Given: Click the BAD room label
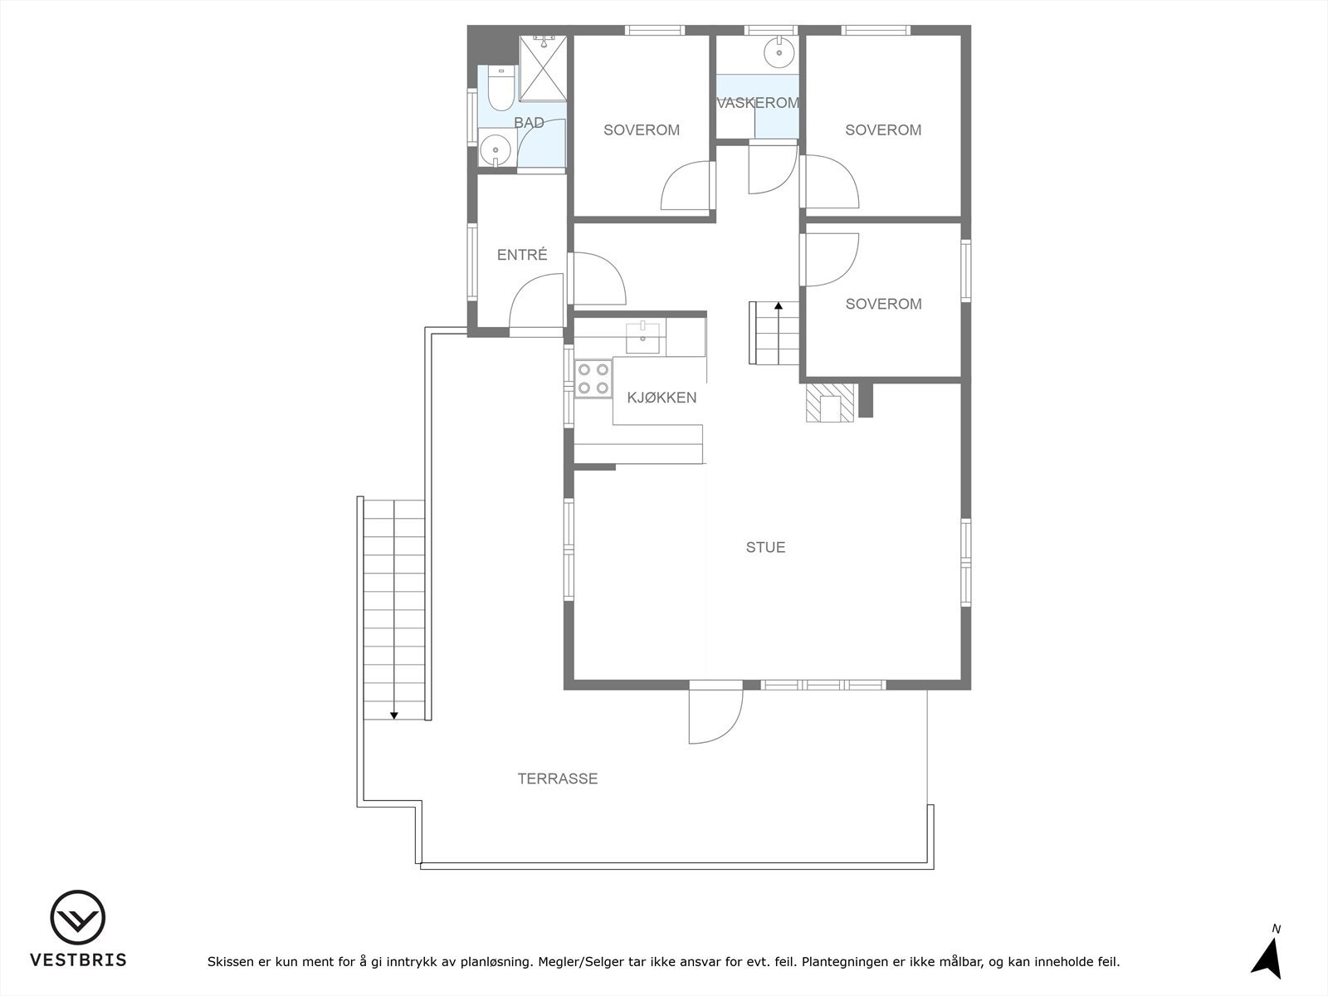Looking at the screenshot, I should click(529, 123).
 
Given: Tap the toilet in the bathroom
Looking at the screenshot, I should click(500, 90).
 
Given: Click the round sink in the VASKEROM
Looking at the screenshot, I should click(779, 52).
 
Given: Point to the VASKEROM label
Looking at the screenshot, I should click(757, 103).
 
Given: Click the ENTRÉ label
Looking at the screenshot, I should click(522, 255).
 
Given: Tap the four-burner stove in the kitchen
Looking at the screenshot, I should click(593, 378).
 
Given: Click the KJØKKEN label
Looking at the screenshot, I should click(662, 398).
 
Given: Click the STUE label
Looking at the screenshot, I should click(765, 547).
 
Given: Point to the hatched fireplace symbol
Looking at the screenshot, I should click(829, 403).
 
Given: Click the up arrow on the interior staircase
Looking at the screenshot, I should click(779, 306).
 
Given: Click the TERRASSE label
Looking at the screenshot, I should click(558, 779).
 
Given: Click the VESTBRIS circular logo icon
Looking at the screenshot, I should click(77, 918).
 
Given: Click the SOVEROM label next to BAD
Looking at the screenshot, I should click(642, 130).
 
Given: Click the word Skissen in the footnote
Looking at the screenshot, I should click(232, 962).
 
